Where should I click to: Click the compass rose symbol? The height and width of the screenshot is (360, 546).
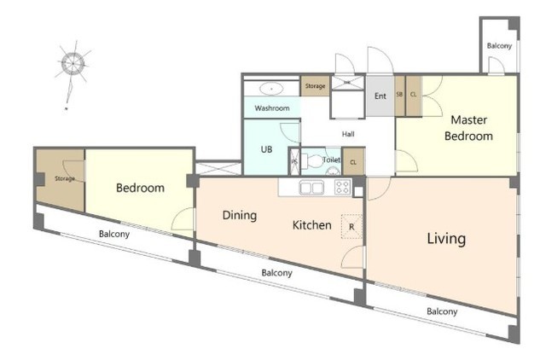click(73, 64)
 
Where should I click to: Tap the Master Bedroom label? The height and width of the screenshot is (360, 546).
click(468, 128)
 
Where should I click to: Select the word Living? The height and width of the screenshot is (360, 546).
click(446, 239)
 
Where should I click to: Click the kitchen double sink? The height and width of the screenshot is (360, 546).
click(311, 188)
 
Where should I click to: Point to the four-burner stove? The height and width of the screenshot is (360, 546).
click(342, 187)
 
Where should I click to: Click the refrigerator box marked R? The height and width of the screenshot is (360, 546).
click(351, 227)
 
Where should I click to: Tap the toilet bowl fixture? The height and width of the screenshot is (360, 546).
click(313, 161)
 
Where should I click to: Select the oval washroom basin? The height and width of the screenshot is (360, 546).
click(271, 89)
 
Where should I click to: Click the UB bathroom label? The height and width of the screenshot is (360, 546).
click(266, 149)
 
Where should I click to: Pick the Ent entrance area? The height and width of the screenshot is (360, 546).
click(380, 96)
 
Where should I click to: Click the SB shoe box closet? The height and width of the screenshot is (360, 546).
click(399, 96)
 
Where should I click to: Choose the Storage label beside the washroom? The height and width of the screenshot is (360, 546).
click(315, 85)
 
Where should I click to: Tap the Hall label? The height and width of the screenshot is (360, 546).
click(348, 134)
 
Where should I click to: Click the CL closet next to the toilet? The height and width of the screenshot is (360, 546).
click(353, 161)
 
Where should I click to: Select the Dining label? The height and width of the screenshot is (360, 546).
click(240, 215)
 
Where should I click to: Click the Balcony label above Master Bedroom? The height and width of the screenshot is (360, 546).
click(499, 45)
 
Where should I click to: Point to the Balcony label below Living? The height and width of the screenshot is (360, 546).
click(442, 311)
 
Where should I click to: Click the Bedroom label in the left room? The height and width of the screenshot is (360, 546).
click(140, 188)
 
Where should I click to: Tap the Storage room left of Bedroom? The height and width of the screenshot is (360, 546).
click(61, 180)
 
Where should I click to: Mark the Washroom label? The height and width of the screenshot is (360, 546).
click(272, 108)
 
